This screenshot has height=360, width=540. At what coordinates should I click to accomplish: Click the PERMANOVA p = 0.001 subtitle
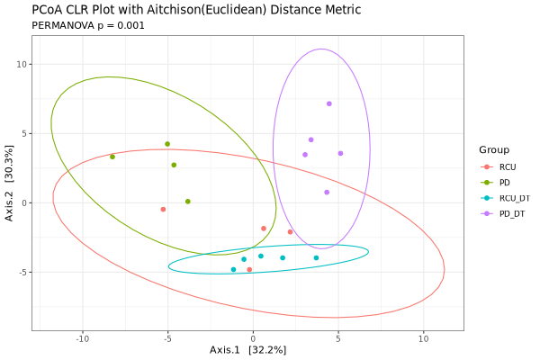(88, 25)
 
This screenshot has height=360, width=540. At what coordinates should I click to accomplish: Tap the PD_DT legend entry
(510, 212)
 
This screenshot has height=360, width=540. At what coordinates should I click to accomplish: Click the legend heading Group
(494, 149)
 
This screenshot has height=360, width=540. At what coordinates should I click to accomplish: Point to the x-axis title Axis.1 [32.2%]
(247, 349)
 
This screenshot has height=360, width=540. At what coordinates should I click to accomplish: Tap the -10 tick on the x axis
(82, 339)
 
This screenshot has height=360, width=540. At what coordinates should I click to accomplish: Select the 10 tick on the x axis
(423, 339)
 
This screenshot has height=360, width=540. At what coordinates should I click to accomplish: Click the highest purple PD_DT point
(329, 103)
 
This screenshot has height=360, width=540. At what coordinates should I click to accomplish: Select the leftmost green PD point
(112, 157)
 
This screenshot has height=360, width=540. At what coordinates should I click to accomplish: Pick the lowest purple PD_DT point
(327, 192)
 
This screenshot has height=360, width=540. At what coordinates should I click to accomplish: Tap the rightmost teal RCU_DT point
(316, 257)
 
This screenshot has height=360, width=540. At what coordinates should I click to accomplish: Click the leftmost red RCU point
(163, 209)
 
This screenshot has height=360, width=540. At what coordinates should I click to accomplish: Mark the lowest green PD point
(187, 202)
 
